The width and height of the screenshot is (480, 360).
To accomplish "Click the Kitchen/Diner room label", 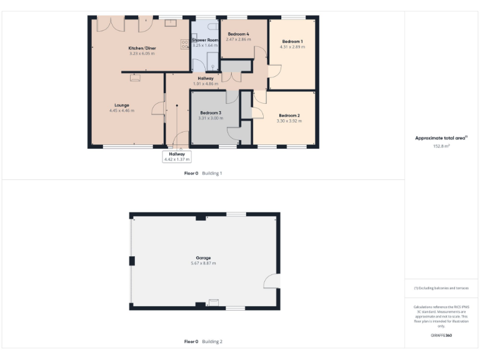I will (142, 48).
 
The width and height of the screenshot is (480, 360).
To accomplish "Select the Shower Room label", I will (205, 40).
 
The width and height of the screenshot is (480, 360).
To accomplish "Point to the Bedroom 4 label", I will (238, 34).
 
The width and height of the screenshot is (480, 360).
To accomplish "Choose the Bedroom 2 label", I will (289, 116).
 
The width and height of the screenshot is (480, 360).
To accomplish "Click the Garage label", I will (203, 257).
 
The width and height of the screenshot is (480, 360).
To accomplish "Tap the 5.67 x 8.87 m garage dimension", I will (203, 263).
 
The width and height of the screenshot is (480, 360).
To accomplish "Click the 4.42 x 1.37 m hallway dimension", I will (177, 159).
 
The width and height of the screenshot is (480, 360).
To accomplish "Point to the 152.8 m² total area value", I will (442, 146).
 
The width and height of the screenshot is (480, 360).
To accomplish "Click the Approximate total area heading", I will (441, 138).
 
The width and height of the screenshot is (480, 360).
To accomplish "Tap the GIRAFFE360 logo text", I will (441, 336).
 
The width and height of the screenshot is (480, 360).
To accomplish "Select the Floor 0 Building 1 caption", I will (203, 172).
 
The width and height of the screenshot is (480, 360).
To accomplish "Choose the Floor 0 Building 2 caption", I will (203, 341).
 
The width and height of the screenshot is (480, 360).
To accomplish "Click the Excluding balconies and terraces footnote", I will (441, 288).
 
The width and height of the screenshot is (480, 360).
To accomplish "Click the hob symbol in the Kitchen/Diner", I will (185, 44).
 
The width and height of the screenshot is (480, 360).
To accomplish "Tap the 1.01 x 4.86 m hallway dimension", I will (206, 83).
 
